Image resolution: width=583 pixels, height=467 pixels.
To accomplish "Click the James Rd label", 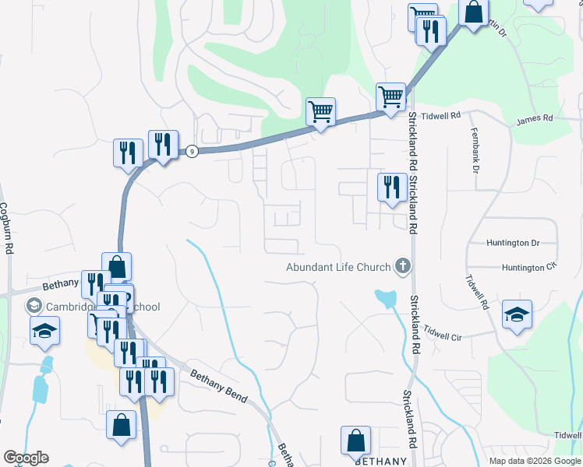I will pos(534,118).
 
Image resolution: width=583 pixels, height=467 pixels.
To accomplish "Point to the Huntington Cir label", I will pos(529,267).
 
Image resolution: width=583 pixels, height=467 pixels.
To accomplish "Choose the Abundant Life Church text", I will pos(338,268).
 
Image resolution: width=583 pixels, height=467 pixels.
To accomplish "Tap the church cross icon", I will pos(403,267).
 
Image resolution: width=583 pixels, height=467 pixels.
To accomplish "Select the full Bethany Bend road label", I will pos(219,385).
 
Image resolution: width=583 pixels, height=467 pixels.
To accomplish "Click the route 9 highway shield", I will pos(191,151).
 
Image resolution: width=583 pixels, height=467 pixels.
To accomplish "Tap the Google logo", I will pos(26,458).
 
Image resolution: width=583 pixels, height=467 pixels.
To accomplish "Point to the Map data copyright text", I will pos(535,461).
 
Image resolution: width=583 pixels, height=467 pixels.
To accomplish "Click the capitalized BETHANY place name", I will pos(381,462).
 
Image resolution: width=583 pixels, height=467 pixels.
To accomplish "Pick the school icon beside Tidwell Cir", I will pos(517,314).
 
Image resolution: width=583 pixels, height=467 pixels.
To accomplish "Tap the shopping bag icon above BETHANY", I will pos(355,440).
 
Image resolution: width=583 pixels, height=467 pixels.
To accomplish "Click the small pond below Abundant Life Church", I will pos(385,298).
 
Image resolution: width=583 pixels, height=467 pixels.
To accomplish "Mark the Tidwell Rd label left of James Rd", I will pos(441,115).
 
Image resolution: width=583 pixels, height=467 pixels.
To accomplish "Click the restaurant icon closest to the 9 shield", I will pos(163,144).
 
